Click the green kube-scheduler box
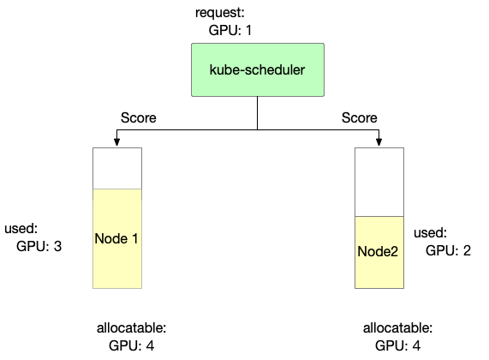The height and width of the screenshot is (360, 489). point(257,69)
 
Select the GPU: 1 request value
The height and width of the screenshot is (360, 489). point(230,30)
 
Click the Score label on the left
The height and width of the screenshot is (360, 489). point(138,117)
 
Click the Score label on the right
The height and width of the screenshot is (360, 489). point(360,117)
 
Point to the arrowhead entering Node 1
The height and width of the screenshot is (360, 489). point(117,142)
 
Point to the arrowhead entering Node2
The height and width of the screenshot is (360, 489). point(379,142)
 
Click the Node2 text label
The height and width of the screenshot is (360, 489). point(379,252)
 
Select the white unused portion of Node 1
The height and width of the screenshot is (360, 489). point(117,167)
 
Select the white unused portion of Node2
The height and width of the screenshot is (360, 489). point(379,182)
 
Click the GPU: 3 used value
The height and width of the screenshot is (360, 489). point(39,245)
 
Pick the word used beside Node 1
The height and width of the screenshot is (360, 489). point(20,229)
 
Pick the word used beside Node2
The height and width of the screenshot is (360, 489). point(429,233)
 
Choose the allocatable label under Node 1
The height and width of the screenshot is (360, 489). point(129,328)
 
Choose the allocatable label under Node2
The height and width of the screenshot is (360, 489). point(397,328)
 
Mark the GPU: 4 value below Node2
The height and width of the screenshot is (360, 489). point(398,345)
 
